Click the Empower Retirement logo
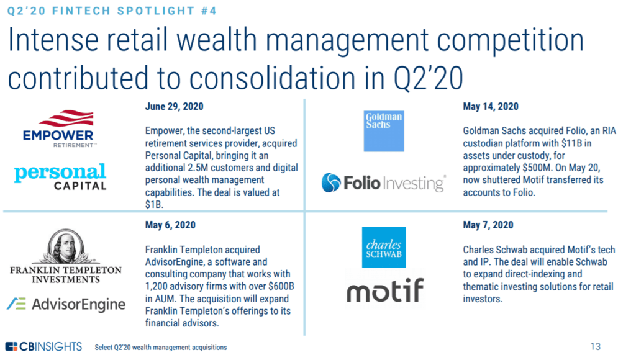tap(58, 128)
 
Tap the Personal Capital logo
tap(60, 177)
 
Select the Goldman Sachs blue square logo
tap(384, 131)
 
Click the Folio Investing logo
tap(384, 183)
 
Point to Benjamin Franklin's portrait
tap(66, 246)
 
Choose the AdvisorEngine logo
tap(66, 304)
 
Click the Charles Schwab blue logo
tap(384, 247)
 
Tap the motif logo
tap(385, 290)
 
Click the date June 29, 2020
tap(175, 107)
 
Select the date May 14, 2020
tap(491, 107)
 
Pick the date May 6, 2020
tap(170, 225)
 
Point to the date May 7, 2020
tap(488, 225)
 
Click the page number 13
tap(596, 346)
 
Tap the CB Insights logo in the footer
tap(44, 346)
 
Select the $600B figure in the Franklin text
tap(281, 286)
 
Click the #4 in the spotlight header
tap(209, 11)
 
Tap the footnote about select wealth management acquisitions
tap(161, 348)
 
